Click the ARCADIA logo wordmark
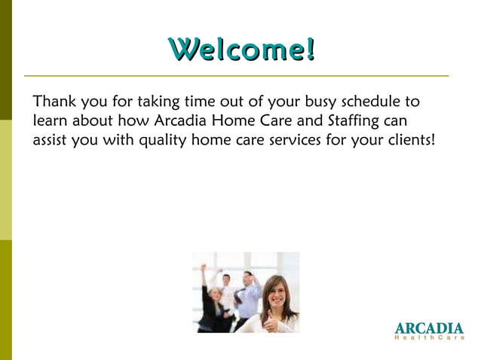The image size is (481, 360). [429, 329]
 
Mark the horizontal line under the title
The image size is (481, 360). [236, 76]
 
